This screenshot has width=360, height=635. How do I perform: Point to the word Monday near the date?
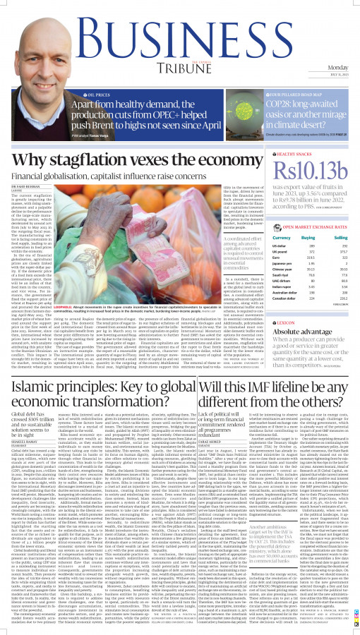[x=337, y=67]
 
